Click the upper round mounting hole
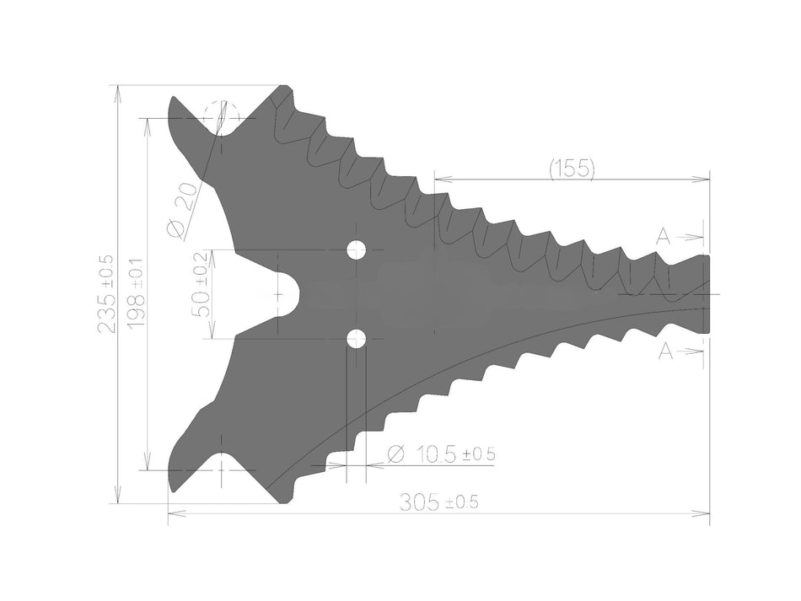(x=356, y=250)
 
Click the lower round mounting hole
(x=356, y=339)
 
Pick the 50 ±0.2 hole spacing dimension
(x=201, y=283)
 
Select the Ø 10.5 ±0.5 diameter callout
(x=440, y=454)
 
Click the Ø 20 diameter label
(x=181, y=208)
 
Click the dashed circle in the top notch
(x=222, y=117)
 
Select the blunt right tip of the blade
(x=705, y=294)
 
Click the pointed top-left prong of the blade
(x=176, y=105)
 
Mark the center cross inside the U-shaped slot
(x=278, y=295)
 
